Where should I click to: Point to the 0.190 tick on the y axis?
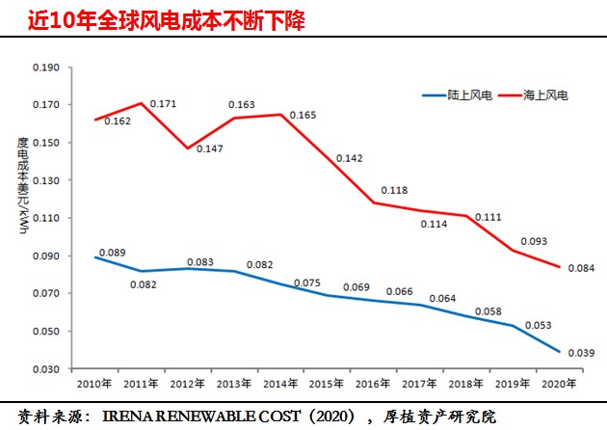point(45,67)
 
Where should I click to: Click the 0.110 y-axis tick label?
point(45,219)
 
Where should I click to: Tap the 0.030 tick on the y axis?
point(45,369)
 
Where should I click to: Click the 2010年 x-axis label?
point(94,384)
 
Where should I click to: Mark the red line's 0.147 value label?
point(210,149)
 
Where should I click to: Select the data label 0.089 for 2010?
point(114,253)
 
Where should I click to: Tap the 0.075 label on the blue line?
point(306,282)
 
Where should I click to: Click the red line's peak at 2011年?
point(142,103)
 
